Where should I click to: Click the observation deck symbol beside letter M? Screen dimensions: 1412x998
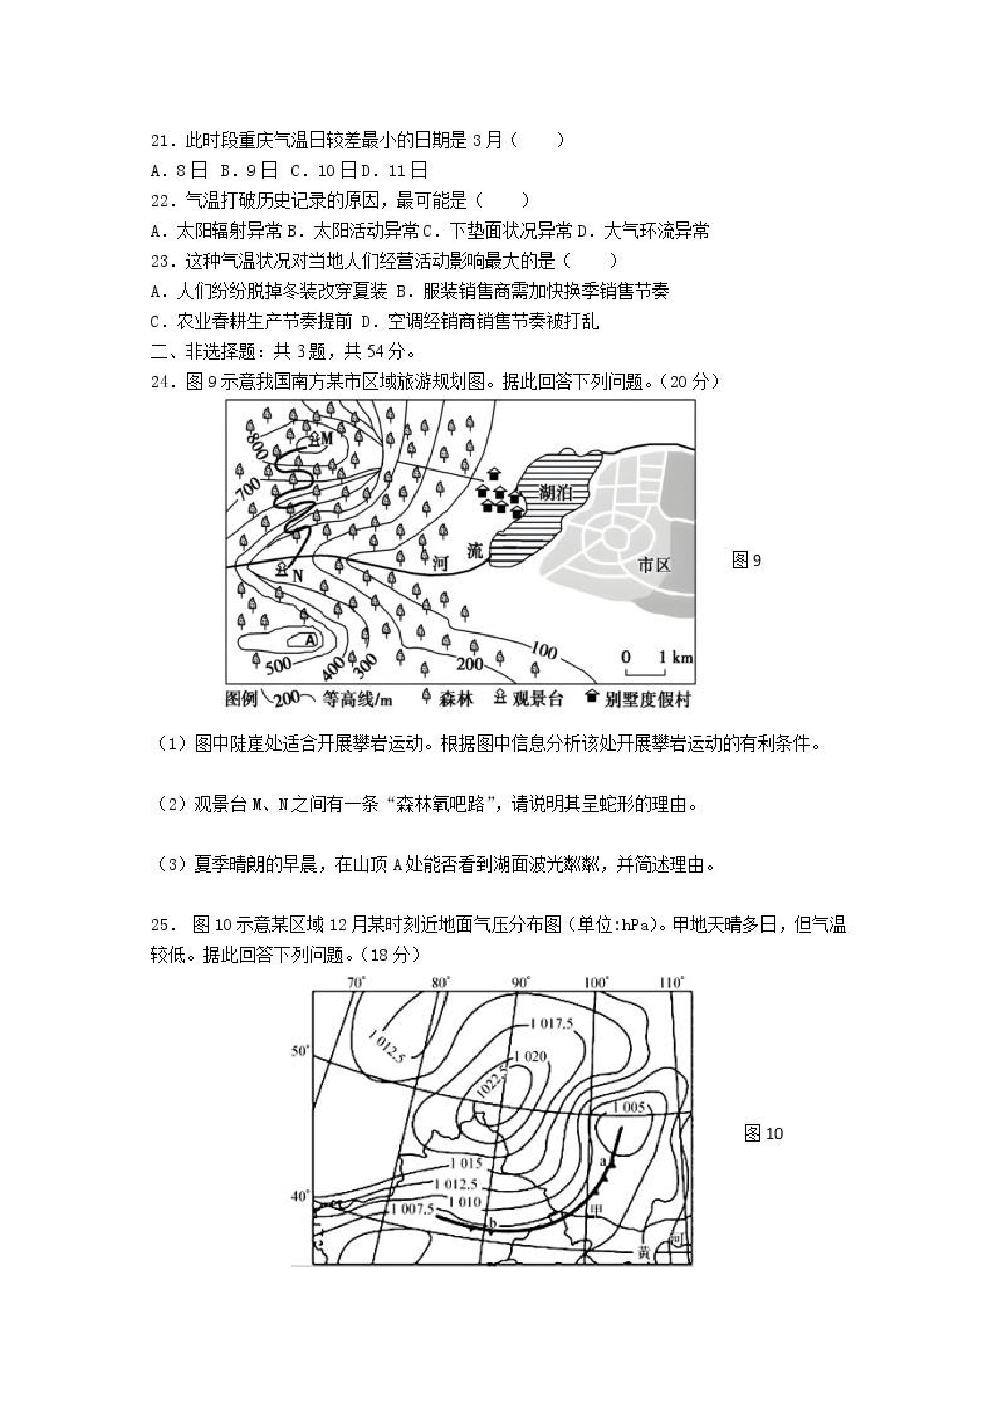[x=314, y=439]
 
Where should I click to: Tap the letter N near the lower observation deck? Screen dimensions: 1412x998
[x=297, y=576]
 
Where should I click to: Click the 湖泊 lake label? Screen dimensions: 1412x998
[x=555, y=492]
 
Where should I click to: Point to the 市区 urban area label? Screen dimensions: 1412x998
[x=653, y=565]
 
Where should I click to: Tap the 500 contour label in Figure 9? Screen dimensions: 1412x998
[x=279, y=664]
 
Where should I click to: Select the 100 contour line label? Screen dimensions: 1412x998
[x=542, y=650]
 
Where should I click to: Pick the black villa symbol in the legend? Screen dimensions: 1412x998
[x=591, y=697]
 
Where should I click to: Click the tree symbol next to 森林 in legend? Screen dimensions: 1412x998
[x=425, y=698]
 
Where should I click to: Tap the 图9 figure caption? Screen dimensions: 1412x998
[x=746, y=559]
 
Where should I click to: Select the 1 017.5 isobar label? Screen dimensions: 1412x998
[x=550, y=1024]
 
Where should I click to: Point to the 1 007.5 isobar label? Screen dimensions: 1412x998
[x=412, y=1209]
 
